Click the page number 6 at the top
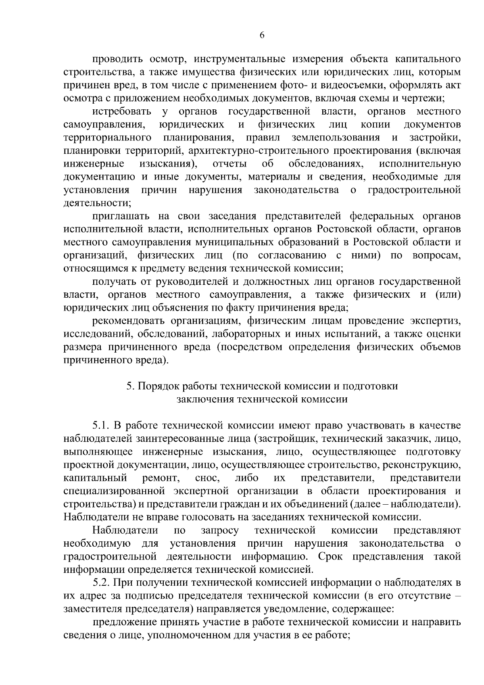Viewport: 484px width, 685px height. pos(262,36)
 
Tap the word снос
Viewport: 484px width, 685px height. pos(207,478)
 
